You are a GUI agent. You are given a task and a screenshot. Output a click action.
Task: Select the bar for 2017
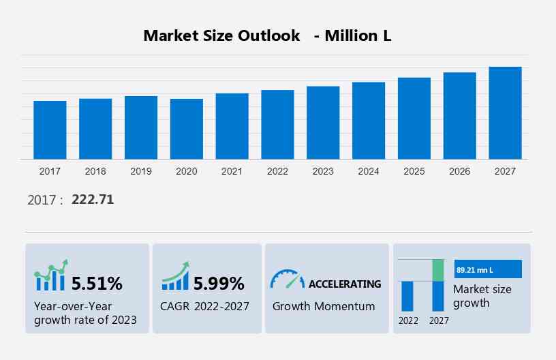pyautogui.click(x=50, y=130)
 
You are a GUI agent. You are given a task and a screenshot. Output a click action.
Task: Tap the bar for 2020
pyautogui.click(x=187, y=129)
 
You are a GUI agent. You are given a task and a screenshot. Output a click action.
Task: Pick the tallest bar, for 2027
pyautogui.click(x=505, y=113)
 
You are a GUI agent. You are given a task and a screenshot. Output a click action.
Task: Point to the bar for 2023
pyautogui.click(x=323, y=123)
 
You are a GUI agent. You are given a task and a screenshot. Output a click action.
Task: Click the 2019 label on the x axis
pyautogui.click(x=141, y=171)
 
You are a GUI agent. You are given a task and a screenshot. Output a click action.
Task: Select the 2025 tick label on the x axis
pyautogui.click(x=414, y=171)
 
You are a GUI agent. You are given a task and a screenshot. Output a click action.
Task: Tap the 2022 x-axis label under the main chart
pyautogui.click(x=277, y=171)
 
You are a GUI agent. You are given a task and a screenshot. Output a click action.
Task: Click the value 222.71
pyautogui.click(x=93, y=200)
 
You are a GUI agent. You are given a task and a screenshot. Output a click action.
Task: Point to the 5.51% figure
pyautogui.click(x=97, y=283)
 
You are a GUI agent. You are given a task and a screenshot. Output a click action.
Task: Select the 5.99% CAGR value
pyautogui.click(x=219, y=283)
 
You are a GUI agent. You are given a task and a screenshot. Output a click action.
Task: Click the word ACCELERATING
pyautogui.click(x=345, y=284)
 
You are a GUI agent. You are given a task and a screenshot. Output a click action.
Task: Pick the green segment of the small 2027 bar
pyautogui.click(x=438, y=270)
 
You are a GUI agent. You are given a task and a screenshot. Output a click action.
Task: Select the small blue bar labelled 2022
pyautogui.click(x=407, y=295)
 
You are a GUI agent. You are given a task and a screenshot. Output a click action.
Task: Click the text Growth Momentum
pyautogui.click(x=324, y=306)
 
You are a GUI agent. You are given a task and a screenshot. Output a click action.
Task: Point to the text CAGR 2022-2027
pyautogui.click(x=205, y=306)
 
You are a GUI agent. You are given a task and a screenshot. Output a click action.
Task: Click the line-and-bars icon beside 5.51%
pyautogui.click(x=51, y=275)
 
